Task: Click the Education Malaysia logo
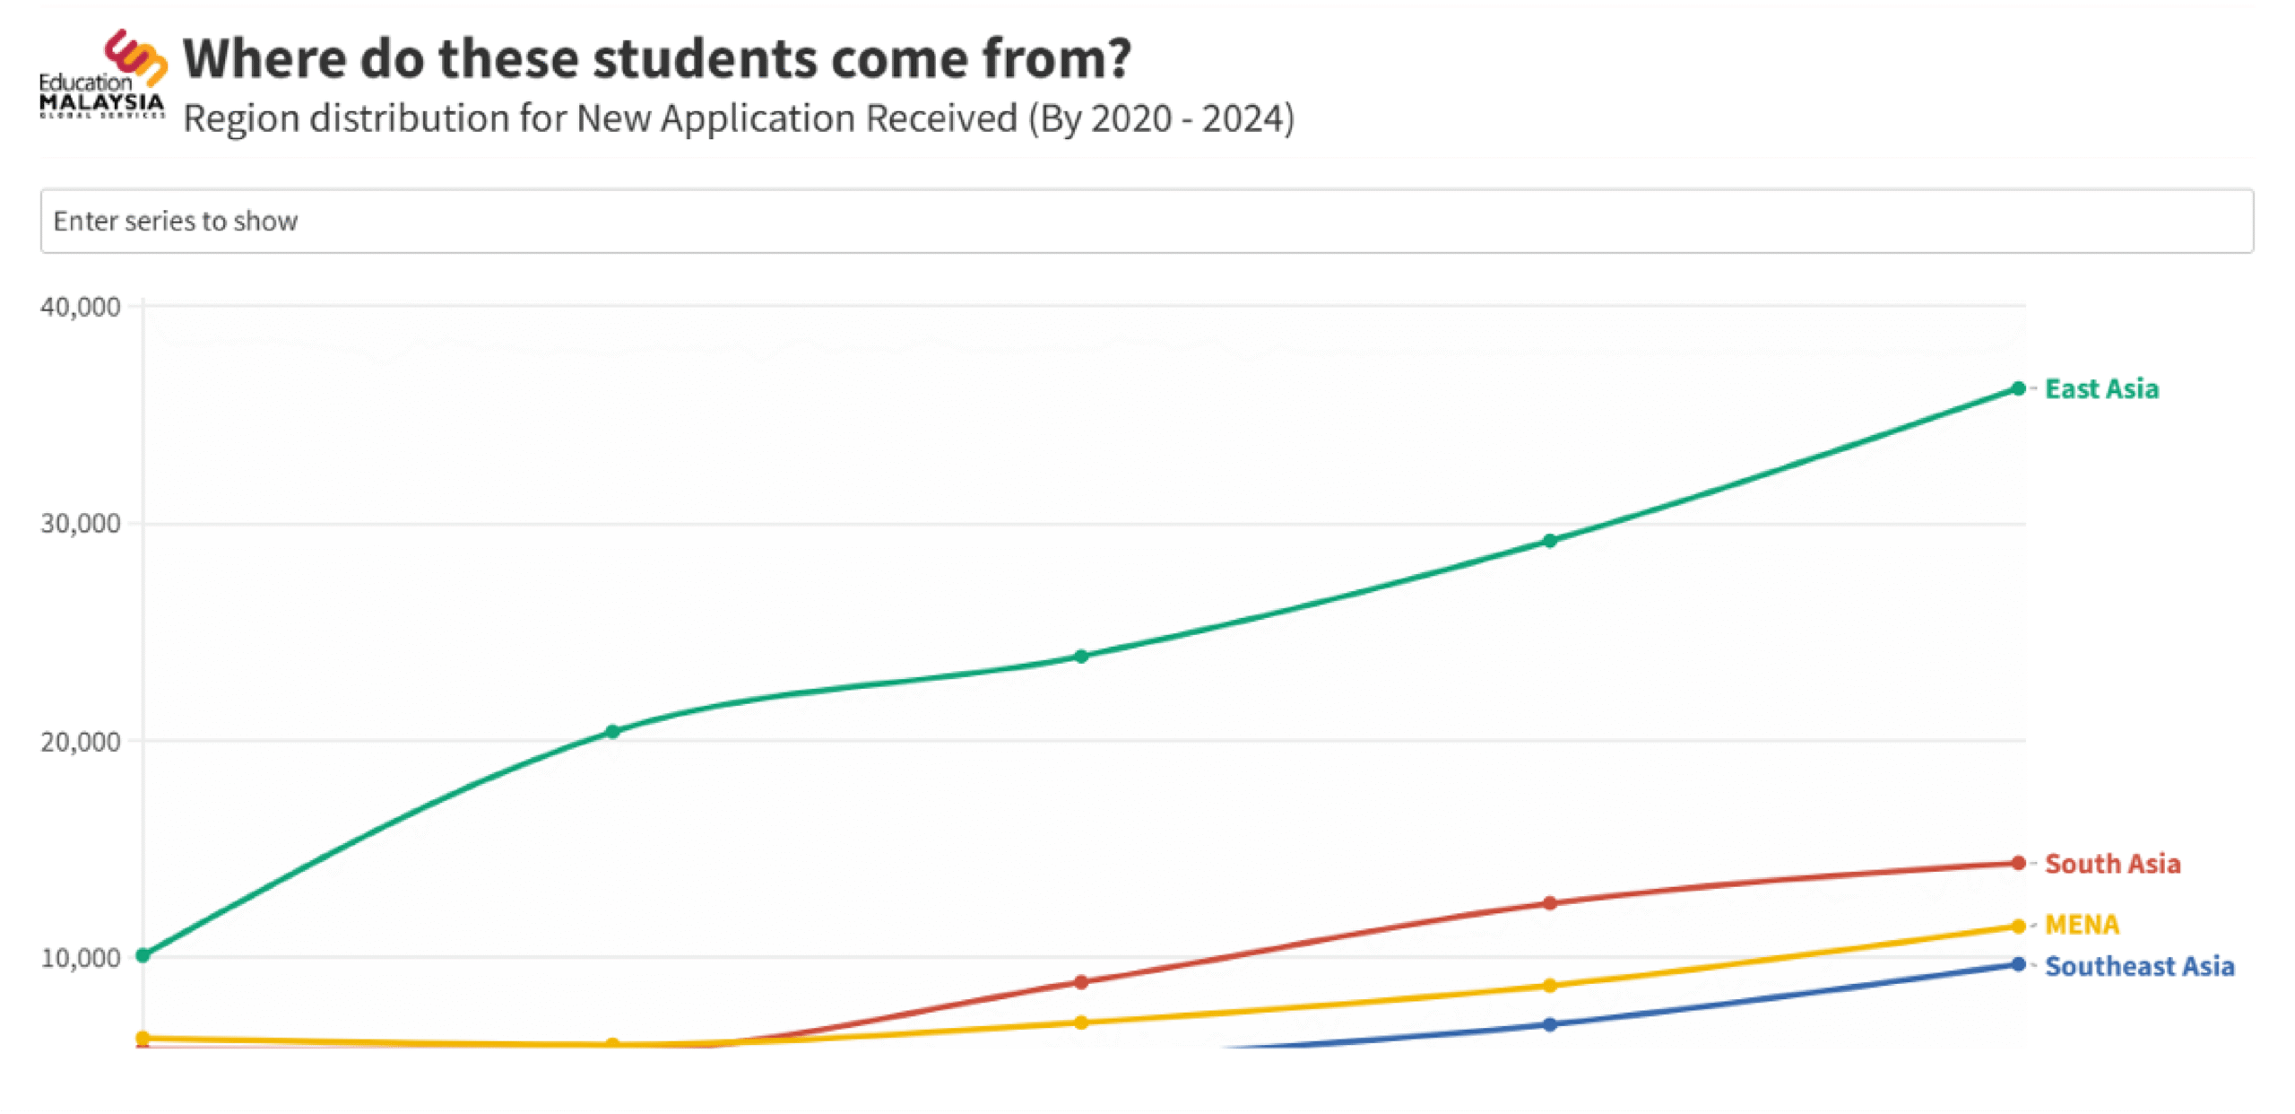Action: pyautogui.click(x=102, y=75)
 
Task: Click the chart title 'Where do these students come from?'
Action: pyautogui.click(x=656, y=59)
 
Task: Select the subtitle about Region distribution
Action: pyautogui.click(x=739, y=118)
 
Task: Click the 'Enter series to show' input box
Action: pyautogui.click(x=1146, y=221)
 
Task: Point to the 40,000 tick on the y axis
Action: pyautogui.click(x=81, y=307)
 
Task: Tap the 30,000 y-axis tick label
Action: pyautogui.click(x=81, y=524)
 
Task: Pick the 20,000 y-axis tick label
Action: pyautogui.click(x=81, y=742)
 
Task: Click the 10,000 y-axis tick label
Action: pyautogui.click(x=81, y=958)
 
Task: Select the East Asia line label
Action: pyautogui.click(x=2101, y=389)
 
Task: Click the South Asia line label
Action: pyautogui.click(x=2112, y=864)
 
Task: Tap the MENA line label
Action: pyautogui.click(x=2082, y=925)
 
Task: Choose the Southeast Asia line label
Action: pyautogui.click(x=2139, y=966)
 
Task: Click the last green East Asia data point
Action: pyautogui.click(x=2018, y=388)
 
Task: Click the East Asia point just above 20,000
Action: pyautogui.click(x=613, y=732)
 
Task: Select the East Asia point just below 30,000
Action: pyautogui.click(x=1550, y=541)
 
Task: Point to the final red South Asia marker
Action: pyautogui.click(x=2018, y=863)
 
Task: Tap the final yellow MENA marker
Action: pyautogui.click(x=2018, y=927)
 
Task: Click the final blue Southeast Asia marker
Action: pyautogui.click(x=2018, y=964)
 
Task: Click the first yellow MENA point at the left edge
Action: pyautogui.click(x=143, y=1039)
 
